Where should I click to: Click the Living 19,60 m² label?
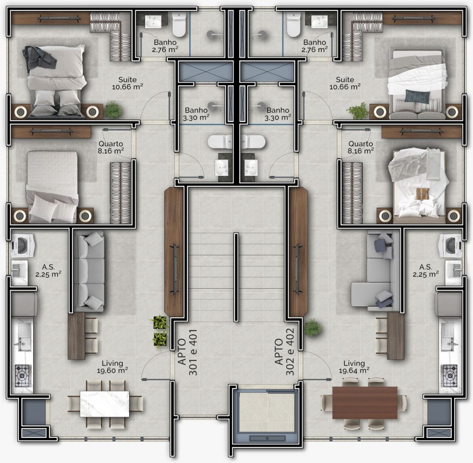pos(112,367)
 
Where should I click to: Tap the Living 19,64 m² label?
pos(354,367)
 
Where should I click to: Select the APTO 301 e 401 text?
pos(188,352)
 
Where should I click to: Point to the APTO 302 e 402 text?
pos(284,352)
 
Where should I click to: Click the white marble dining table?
pos(105,404)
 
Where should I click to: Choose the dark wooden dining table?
pos(365,403)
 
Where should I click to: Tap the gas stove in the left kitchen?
pos(23,376)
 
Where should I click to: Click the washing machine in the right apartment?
pos(451,246)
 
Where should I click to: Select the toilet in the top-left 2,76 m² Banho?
pos(179,25)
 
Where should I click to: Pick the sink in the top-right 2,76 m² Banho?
pos(319,22)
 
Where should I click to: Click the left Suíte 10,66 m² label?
pos(127,83)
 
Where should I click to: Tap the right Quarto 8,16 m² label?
pos(361,147)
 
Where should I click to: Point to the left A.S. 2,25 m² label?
pos(48,271)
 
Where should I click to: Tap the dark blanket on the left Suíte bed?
pos(39,59)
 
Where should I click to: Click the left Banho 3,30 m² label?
pos(196,114)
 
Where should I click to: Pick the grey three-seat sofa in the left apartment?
pos(89,271)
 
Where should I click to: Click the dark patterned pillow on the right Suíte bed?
pos(418,96)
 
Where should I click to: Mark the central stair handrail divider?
pos(236,277)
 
